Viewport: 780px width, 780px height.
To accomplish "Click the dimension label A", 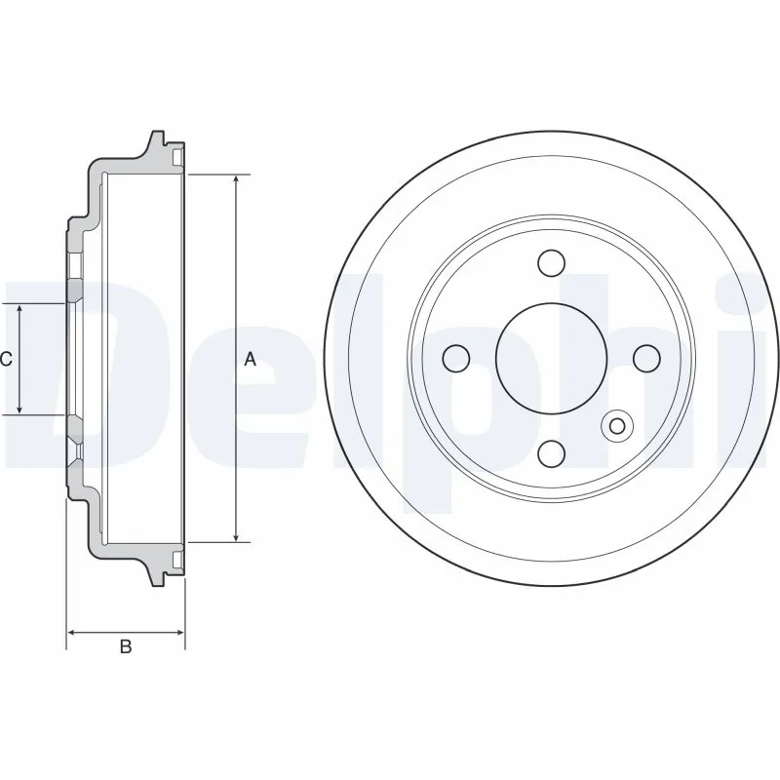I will tap(250, 360).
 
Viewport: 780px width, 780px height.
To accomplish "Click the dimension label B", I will tap(125, 646).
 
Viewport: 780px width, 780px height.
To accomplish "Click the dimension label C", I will tap(6, 360).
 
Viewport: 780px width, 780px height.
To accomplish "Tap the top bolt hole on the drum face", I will tap(552, 263).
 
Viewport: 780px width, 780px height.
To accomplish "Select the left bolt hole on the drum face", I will tap(456, 358).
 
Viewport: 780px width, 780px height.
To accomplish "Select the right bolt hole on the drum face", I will tap(646, 358).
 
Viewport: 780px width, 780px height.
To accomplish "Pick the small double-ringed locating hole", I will tap(617, 424).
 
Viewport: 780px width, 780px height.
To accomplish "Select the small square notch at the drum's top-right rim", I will tap(177, 157).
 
